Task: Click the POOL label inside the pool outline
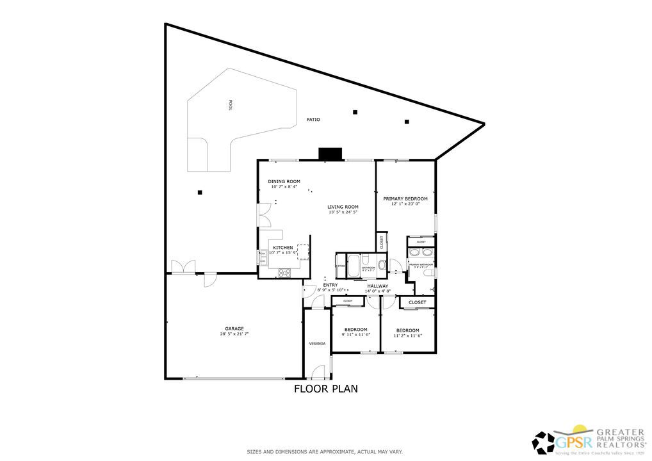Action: (230, 106)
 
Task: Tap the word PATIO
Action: (313, 120)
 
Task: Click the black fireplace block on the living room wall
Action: (330, 154)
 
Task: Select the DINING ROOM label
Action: (284, 181)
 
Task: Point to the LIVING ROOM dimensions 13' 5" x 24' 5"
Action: (343, 212)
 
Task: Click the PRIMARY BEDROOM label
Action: (405, 198)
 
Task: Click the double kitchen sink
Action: (263, 257)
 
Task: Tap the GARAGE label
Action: (234, 328)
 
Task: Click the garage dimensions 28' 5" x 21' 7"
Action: (234, 334)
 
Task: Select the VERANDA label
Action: (317, 344)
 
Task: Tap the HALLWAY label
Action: (377, 286)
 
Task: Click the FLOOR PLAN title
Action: (325, 388)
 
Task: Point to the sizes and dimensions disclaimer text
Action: (325, 452)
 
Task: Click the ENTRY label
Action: (330, 285)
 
